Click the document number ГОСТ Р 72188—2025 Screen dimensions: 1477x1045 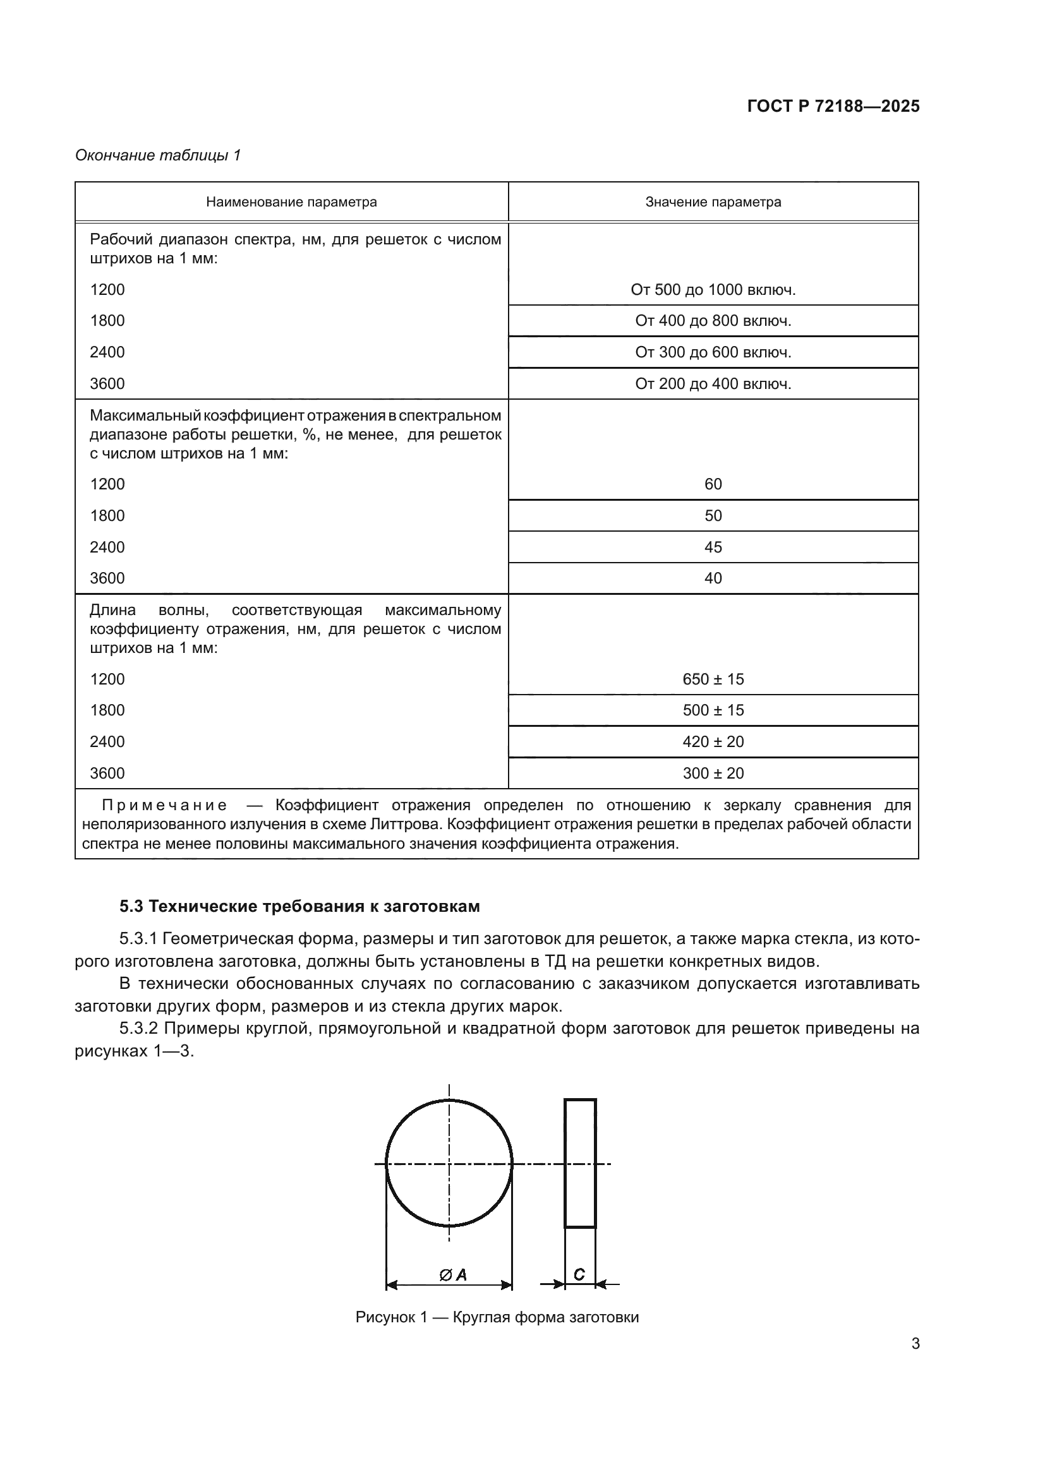tap(833, 107)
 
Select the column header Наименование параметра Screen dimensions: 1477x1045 tap(291, 202)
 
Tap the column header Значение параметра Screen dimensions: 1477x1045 tap(713, 202)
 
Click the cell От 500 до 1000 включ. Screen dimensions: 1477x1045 tap(713, 290)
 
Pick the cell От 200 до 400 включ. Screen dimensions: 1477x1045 tap(713, 384)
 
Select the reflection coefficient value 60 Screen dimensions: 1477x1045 tap(713, 484)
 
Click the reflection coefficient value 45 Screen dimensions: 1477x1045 tap(713, 547)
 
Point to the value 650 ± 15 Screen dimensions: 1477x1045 tap(713, 679)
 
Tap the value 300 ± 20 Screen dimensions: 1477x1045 tap(713, 774)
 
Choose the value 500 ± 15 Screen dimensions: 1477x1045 tap(713, 710)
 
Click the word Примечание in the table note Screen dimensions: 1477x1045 tap(165, 805)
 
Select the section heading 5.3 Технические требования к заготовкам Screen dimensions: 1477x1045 tap(300, 906)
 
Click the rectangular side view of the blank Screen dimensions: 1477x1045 tap(581, 1163)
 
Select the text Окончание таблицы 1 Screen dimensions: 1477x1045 tap(158, 155)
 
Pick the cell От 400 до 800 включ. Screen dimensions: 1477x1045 tap(713, 321)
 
